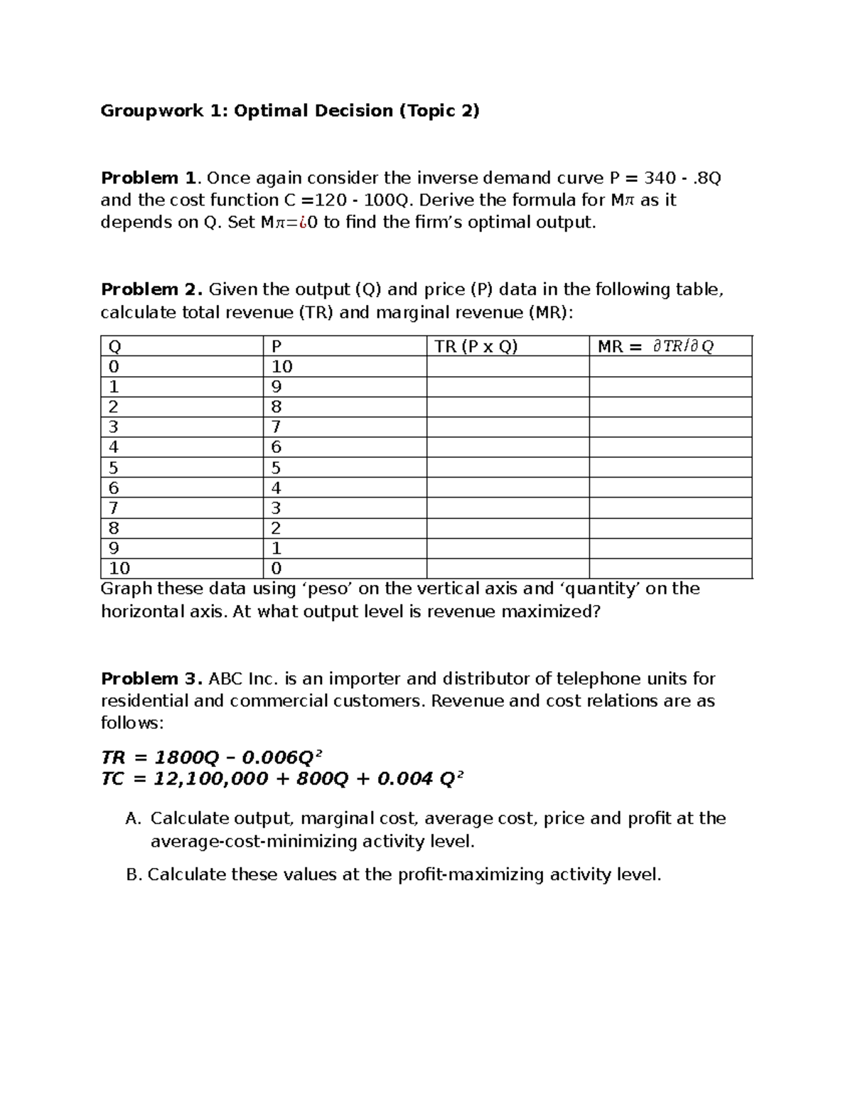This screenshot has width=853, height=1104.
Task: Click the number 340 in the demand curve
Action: pyautogui.click(x=659, y=178)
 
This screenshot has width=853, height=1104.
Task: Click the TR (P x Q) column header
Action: pyautogui.click(x=476, y=346)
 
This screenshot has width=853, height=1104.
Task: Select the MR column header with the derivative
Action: pyautogui.click(x=655, y=346)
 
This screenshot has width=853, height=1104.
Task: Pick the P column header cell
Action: pyautogui.click(x=277, y=346)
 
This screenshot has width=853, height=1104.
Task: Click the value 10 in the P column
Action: pyautogui.click(x=281, y=367)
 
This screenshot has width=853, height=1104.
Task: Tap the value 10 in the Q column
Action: pyautogui.click(x=119, y=569)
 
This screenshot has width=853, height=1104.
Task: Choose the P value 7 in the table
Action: pyautogui.click(x=277, y=427)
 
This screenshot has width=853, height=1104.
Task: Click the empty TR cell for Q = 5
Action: pyautogui.click(x=507, y=468)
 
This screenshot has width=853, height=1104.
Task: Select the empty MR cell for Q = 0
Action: pyautogui.click(x=670, y=367)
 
